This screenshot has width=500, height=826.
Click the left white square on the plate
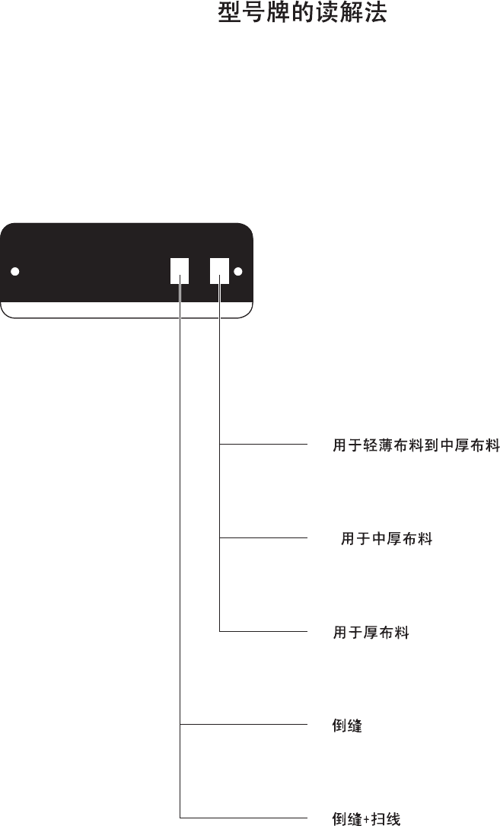[x=179, y=270]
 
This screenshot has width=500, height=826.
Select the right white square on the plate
[x=219, y=270]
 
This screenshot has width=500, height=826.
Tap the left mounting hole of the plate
[x=15, y=272]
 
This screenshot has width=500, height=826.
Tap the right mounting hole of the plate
[x=238, y=271]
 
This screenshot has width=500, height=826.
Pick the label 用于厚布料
[x=371, y=633]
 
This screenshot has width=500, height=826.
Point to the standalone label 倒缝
[x=347, y=726]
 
